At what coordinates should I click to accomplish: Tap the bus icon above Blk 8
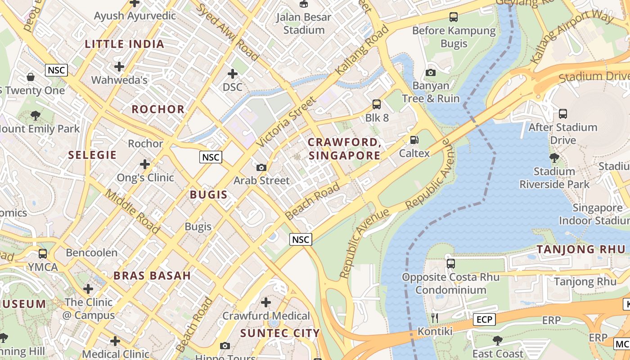pos(377,104)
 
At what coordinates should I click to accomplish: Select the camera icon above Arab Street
pos(261,167)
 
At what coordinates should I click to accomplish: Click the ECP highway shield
pos(484,319)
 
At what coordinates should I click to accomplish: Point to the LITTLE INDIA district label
pos(125,44)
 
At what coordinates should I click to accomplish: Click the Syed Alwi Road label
pos(227,32)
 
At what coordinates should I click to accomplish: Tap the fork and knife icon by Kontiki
pos(435,318)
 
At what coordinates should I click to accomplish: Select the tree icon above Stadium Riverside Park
pos(554,158)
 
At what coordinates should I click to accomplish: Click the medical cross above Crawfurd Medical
pos(266,302)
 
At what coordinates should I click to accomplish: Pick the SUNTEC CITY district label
pos(280,333)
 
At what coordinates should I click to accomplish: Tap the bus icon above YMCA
pos(43,254)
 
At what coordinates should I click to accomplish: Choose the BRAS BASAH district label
pos(152,275)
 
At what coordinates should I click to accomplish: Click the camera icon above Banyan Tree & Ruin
pos(430,72)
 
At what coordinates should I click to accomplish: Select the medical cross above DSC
pos(233,73)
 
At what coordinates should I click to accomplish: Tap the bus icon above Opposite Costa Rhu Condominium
pos(450,264)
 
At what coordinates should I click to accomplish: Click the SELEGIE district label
pos(92,155)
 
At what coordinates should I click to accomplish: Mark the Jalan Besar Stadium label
pos(304,23)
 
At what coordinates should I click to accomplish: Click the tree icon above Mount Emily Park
pos(36,116)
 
